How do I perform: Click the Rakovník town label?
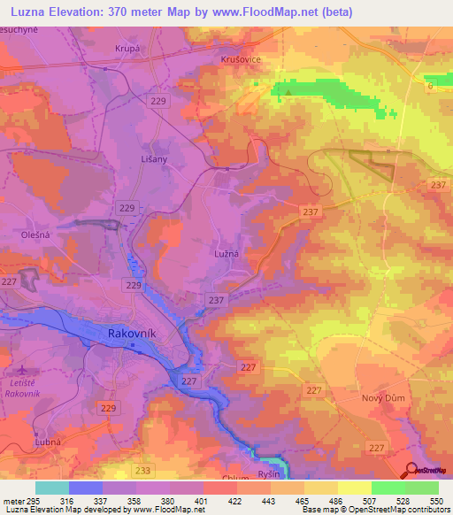(x=133, y=334)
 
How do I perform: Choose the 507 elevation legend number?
(x=371, y=502)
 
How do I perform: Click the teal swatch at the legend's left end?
(x=51, y=488)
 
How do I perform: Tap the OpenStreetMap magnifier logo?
(x=411, y=470)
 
